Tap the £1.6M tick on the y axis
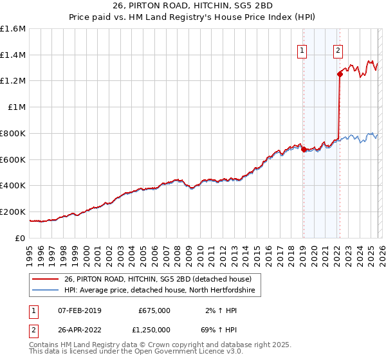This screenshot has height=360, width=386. (13, 29)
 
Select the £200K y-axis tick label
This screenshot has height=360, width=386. (13, 212)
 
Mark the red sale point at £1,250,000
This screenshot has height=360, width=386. (340, 75)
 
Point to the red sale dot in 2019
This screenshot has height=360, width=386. (303, 150)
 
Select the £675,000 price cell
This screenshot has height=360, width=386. (154, 310)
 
